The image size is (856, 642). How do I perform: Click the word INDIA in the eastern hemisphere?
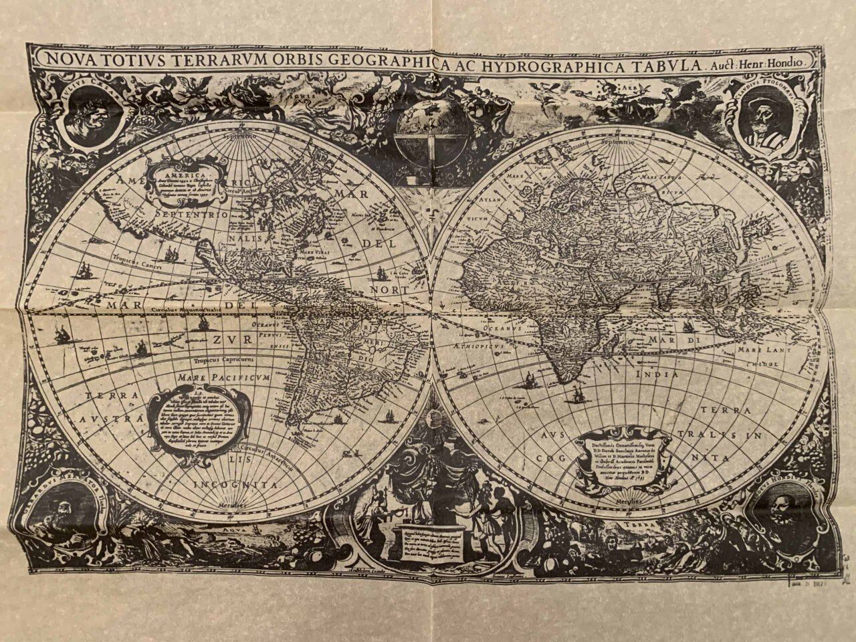pyautogui.click(x=657, y=374)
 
